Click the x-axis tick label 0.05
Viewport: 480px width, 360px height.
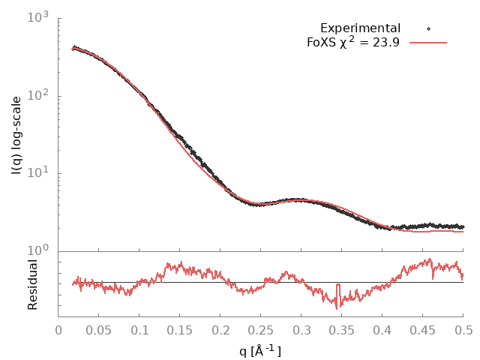99,330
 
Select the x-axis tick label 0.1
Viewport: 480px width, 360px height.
139,330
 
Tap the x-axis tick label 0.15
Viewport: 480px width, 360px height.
180,330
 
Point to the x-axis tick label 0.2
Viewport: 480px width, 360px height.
220,330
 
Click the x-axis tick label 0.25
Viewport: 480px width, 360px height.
261,330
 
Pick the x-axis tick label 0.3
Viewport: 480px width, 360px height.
301,330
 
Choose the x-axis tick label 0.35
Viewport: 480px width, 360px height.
342,330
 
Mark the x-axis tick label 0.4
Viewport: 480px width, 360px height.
382,330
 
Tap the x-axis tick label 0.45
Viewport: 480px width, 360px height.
423,330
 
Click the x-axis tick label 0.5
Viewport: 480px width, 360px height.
463,330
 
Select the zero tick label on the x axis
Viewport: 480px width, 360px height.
58,330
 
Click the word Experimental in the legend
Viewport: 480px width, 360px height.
360,28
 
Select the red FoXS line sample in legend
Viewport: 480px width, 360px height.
428,43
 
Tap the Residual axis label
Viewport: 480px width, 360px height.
32,284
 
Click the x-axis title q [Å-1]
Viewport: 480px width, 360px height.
260,349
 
